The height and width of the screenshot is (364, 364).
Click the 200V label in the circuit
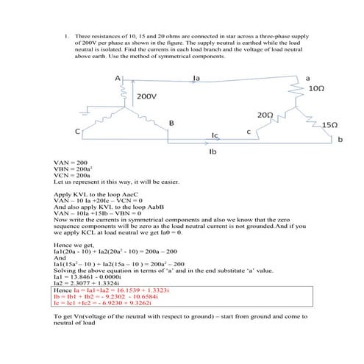click(x=146, y=96)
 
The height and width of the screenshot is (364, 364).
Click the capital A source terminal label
click(x=117, y=78)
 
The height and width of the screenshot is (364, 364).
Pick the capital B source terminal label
click(x=171, y=122)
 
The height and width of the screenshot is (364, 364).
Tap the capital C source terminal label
click(x=77, y=131)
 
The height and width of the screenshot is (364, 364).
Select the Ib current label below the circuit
click(x=213, y=151)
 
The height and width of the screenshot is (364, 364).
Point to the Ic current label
click(x=215, y=135)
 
